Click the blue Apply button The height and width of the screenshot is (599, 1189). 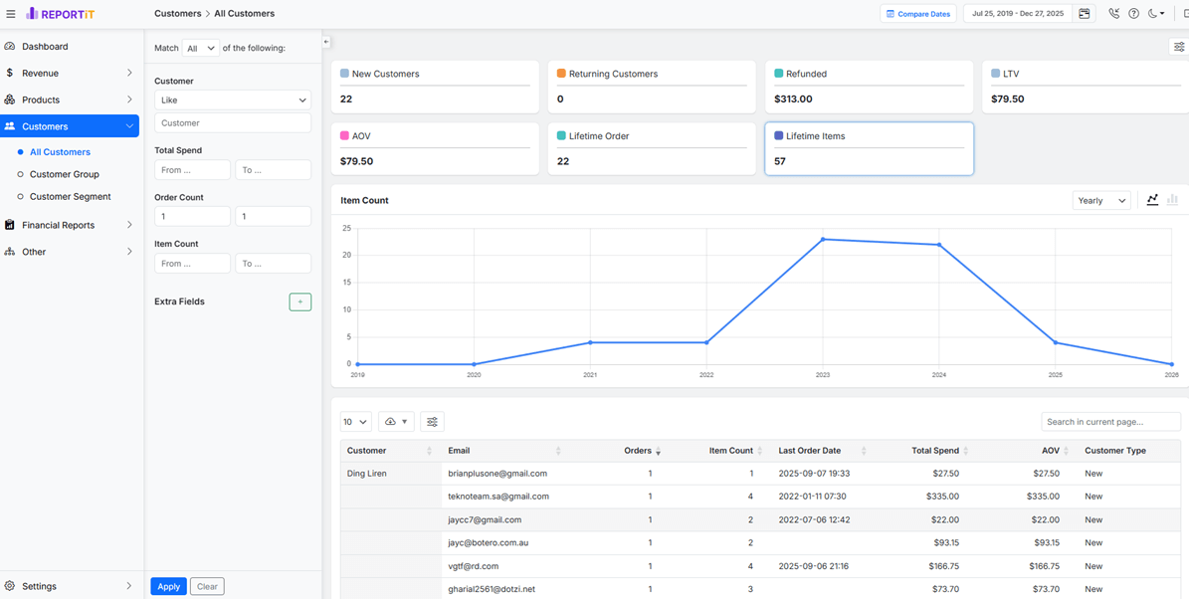pos(168,586)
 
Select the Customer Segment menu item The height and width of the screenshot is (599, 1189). pos(70,196)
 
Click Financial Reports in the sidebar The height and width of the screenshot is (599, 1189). pos(59,225)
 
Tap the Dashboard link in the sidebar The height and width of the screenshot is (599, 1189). pos(45,46)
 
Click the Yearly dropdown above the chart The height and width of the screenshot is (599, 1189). pos(1101,200)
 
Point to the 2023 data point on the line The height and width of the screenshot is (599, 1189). pos(823,240)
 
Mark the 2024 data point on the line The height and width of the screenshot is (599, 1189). pos(939,244)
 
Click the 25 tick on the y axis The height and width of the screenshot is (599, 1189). pos(346,228)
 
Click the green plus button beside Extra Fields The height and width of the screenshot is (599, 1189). pos(300,301)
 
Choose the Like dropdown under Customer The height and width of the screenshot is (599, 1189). pos(233,100)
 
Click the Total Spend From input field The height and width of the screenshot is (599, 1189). pos(193,170)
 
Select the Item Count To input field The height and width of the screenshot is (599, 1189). pos(273,263)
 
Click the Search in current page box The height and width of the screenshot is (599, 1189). pos(1111,422)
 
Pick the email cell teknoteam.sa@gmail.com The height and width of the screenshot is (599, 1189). pos(498,497)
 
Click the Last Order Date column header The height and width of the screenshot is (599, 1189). pos(810,451)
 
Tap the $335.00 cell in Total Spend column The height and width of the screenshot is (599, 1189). pos(942,497)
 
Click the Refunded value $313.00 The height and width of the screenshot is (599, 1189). pos(793,99)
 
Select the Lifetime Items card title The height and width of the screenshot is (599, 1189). pos(815,136)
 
